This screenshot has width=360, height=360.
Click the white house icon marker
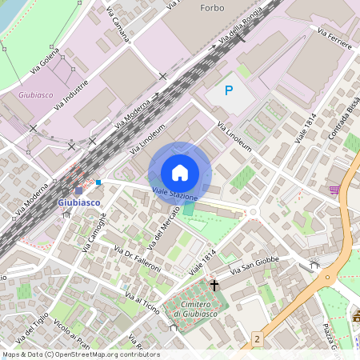coord(180,172)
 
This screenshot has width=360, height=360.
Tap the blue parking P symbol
coord(228,91)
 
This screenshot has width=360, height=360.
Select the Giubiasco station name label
coord(79,202)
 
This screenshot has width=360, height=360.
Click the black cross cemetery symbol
coord(214,285)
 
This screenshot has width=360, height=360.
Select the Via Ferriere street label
coord(334,39)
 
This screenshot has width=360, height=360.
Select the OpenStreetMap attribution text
coord(80,354)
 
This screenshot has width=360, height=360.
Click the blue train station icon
coord(78,190)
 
